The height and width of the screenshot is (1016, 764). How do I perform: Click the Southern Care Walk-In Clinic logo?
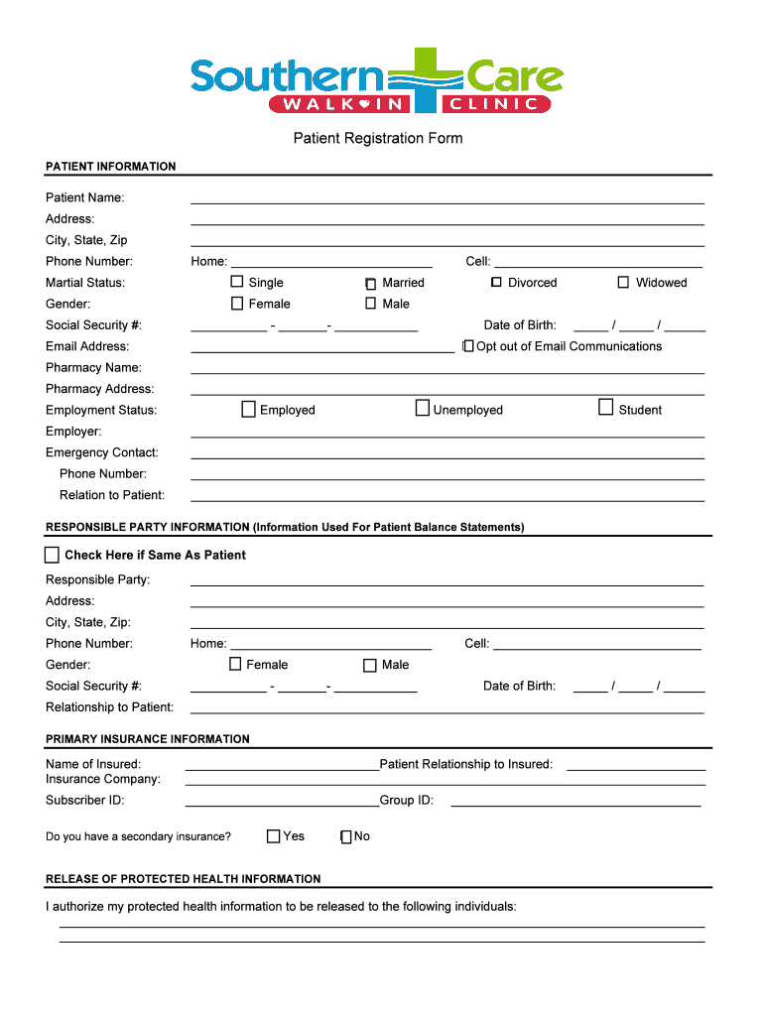tap(377, 80)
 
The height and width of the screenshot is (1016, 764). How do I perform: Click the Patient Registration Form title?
tap(377, 138)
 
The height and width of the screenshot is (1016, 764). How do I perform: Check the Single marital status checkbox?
tap(237, 283)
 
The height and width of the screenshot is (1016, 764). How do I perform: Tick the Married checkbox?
tap(370, 283)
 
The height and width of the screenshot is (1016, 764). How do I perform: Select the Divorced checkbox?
tap(496, 283)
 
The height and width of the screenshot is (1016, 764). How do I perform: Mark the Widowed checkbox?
tap(623, 283)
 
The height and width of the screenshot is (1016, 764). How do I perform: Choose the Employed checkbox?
tap(249, 409)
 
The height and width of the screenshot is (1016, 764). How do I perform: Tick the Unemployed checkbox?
tap(423, 408)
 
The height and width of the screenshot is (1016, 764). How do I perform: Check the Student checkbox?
tap(606, 407)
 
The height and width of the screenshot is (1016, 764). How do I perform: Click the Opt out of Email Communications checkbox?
tap(468, 346)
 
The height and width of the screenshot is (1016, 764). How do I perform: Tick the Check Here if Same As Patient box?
tap(53, 555)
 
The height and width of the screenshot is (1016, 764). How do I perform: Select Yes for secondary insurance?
tap(274, 836)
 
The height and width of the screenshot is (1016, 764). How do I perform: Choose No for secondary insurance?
tap(346, 836)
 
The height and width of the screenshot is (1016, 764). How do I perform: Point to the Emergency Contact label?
tap(102, 452)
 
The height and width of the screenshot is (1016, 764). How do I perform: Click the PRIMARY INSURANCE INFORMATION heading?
tap(148, 739)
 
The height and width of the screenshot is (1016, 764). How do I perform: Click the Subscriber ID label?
tap(85, 801)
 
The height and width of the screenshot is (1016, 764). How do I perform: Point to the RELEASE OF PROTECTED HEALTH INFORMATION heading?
tap(184, 879)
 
